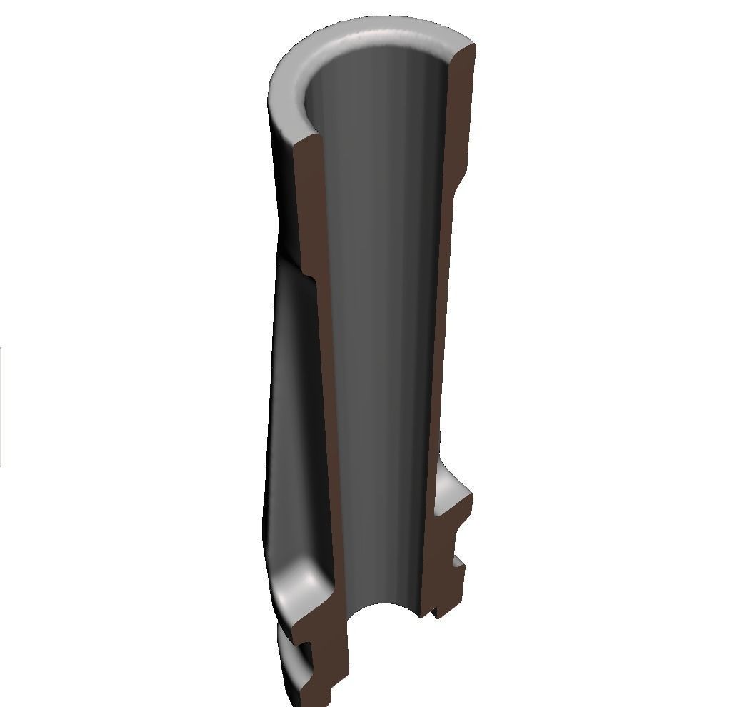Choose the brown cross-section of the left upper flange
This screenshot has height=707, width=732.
(x=325, y=614)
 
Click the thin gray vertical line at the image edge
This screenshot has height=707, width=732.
(x=1, y=407)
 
